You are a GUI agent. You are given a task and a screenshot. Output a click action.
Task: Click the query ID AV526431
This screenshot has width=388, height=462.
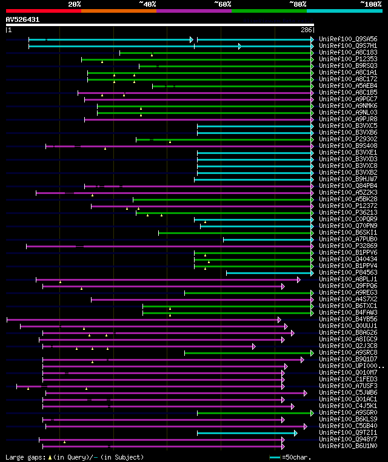pyautogui.click(x=22, y=19)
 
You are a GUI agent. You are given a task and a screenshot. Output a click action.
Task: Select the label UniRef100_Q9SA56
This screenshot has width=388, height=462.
pyautogui.click(x=348, y=39)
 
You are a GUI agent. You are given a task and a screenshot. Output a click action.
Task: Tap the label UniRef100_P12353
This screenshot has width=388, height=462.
pyautogui.click(x=348, y=59)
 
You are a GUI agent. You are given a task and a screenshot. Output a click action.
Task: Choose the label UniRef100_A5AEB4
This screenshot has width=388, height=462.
pyautogui.click(x=348, y=86)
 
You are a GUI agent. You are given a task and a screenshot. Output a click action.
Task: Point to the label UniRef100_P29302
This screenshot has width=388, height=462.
pyautogui.click(x=348, y=139)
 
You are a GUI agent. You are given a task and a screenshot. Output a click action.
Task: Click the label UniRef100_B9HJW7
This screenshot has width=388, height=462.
pyautogui.click(x=348, y=179)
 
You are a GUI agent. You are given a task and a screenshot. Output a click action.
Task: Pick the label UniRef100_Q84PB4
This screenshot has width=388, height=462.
pyautogui.click(x=348, y=186)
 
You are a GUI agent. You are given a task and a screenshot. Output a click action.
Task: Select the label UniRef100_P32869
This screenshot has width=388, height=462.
pyautogui.click(x=348, y=246)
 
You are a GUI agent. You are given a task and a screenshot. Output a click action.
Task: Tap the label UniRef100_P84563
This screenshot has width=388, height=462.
pyautogui.click(x=348, y=273)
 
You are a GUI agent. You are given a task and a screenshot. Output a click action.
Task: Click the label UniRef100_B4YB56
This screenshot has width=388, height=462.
pyautogui.click(x=348, y=320)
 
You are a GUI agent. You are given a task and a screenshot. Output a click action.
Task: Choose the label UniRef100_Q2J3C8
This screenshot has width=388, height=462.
pyautogui.click(x=348, y=346)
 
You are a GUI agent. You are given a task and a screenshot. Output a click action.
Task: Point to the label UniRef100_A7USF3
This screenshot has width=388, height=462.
pyautogui.click(x=348, y=386)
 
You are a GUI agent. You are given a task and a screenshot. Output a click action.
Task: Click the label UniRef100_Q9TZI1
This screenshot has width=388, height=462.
pyautogui.click(x=348, y=433)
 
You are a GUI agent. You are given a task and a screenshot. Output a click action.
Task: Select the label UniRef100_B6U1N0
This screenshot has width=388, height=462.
pyautogui.click(x=348, y=446)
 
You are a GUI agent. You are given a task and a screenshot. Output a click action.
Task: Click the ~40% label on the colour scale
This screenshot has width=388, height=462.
pyautogui.click(x=147, y=4)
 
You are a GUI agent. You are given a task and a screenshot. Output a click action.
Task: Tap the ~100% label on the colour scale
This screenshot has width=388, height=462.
pyautogui.click(x=370, y=4)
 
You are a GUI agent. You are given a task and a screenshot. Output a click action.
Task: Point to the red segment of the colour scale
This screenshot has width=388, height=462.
pyautogui.click(x=43, y=10)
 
